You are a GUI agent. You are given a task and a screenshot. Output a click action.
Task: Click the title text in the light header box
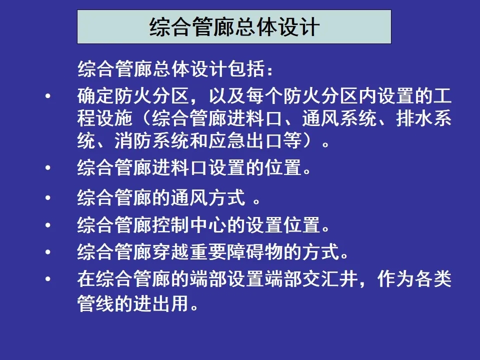point(234,27)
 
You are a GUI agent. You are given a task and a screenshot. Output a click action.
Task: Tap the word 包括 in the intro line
point(246,68)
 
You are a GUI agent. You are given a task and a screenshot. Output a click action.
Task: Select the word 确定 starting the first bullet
point(96,96)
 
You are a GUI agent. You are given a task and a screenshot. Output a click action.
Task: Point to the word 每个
point(265,96)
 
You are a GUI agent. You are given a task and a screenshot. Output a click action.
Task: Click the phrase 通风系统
point(339,118)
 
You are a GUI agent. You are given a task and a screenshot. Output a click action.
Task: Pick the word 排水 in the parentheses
point(415,118)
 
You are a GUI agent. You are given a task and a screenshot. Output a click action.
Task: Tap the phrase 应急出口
point(246,140)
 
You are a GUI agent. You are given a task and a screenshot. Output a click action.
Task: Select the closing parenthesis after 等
point(308,140)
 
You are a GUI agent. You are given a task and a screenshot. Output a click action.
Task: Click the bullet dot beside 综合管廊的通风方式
point(48,197)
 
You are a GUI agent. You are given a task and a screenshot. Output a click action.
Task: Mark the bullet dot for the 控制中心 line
point(48,225)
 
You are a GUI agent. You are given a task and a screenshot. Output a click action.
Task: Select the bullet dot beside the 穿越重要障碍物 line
point(48,252)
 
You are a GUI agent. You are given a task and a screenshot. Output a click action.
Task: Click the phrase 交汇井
point(330,279)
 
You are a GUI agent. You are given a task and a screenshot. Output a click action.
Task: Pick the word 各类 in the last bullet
point(433,279)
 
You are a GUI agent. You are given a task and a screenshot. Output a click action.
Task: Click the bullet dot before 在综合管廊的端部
point(48,279)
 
